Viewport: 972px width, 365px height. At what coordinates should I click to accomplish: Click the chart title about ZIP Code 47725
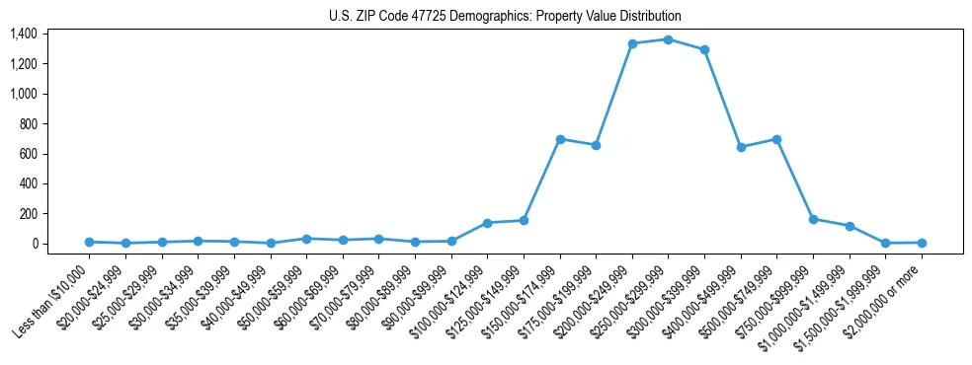tap(505, 16)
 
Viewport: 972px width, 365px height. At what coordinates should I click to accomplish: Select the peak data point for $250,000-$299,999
tap(668, 39)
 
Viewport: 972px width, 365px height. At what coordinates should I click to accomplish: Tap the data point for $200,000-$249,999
tap(632, 43)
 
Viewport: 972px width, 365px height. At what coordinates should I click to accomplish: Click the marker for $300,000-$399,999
tap(704, 49)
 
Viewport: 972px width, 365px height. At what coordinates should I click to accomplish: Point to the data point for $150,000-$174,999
tap(560, 139)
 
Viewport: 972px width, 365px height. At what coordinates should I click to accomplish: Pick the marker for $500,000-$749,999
tap(776, 139)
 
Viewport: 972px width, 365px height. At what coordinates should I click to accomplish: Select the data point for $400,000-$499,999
tap(741, 147)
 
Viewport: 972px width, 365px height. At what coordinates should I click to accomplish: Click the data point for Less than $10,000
tap(89, 242)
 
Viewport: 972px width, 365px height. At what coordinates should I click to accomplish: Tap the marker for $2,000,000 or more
tap(921, 243)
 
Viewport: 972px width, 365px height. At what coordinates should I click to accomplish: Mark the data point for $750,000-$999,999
tap(813, 219)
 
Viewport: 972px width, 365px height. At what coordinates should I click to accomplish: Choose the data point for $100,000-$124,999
tap(487, 223)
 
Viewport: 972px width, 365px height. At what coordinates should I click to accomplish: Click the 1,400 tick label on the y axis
tap(24, 34)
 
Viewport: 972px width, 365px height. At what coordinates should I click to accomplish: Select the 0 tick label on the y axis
tap(35, 244)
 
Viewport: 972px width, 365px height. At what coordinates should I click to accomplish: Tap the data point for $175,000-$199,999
tap(596, 145)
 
